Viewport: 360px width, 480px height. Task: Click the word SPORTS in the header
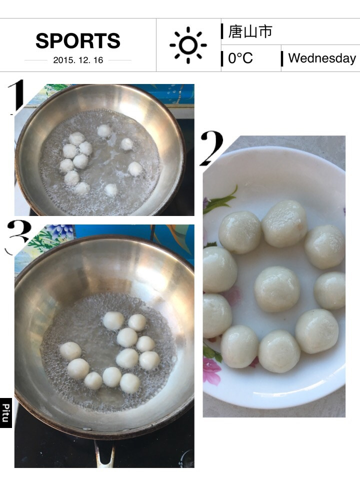(78, 40)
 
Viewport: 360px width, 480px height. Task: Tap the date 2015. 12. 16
(78, 60)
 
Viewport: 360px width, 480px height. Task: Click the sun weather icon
(188, 45)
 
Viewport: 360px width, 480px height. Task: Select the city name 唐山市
(250, 31)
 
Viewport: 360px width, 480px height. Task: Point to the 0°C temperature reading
(240, 58)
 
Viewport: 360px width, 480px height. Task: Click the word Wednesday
(322, 58)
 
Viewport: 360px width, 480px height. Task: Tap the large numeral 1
(16, 96)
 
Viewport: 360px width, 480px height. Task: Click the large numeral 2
(212, 148)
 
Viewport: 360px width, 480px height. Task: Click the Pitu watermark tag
(6, 412)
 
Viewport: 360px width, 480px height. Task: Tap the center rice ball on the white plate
(277, 289)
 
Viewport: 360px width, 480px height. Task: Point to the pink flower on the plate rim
(212, 370)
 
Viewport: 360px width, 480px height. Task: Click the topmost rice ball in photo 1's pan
(104, 131)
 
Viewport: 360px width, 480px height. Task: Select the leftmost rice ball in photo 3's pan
(70, 351)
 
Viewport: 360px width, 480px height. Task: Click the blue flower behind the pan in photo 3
(60, 231)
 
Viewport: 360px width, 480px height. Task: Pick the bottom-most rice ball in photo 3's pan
(130, 383)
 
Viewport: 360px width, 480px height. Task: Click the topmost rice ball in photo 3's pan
(113, 320)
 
